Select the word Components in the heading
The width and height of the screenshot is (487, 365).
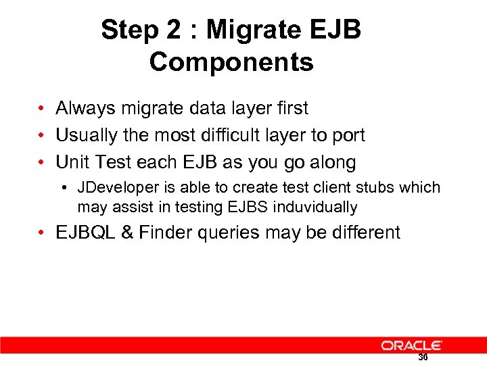231,62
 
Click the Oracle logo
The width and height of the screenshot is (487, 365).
411,345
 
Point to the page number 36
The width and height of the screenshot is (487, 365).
423,358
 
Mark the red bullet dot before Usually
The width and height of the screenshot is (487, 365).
42,136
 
